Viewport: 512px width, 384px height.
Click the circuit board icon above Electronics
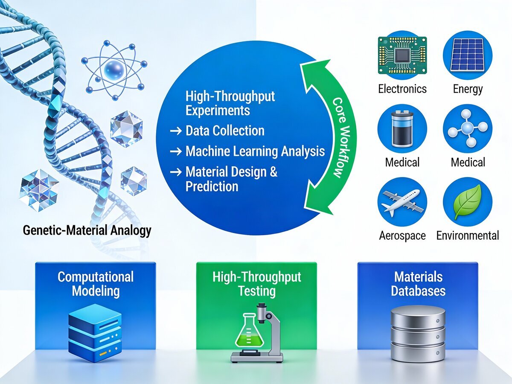402,55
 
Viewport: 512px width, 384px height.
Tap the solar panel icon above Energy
467,55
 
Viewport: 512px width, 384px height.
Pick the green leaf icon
467,202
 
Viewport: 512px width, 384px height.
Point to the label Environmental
468,235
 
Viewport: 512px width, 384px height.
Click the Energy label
468,89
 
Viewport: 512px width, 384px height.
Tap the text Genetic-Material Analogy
87,230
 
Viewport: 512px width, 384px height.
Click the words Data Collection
225,131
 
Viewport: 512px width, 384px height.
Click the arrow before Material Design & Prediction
176,172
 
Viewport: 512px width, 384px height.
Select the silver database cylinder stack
418,334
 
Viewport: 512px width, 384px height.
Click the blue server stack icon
95,333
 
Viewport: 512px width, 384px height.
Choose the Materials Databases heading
418,284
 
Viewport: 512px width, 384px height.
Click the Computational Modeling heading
96,284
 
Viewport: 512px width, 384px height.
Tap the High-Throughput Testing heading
257,284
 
